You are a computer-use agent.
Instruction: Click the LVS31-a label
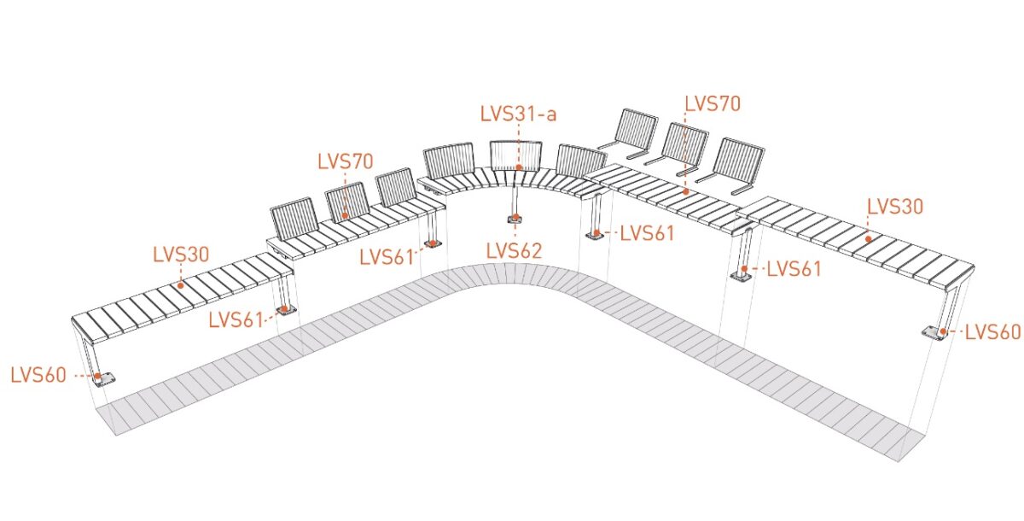(519, 114)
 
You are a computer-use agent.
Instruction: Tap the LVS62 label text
(514, 250)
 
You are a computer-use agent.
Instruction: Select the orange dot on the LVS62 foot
(515, 217)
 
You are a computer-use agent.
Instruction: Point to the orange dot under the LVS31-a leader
(519, 167)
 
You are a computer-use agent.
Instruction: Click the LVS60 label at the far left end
(38, 376)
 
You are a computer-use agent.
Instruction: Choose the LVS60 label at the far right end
(993, 332)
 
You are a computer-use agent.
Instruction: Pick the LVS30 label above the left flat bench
(181, 255)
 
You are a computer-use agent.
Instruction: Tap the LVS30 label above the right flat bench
(895, 207)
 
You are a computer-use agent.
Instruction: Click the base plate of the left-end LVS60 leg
(104, 378)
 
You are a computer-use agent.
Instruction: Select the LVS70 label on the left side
(346, 161)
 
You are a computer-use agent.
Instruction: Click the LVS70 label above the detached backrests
(713, 104)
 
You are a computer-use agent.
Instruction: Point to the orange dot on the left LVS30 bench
(181, 285)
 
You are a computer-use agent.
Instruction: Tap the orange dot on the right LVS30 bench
(868, 239)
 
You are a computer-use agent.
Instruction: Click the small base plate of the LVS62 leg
(515, 220)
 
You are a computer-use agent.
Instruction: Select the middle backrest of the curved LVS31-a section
(515, 155)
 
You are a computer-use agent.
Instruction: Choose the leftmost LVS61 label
(236, 320)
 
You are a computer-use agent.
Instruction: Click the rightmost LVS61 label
(794, 269)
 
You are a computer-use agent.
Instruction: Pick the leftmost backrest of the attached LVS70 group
(295, 220)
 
